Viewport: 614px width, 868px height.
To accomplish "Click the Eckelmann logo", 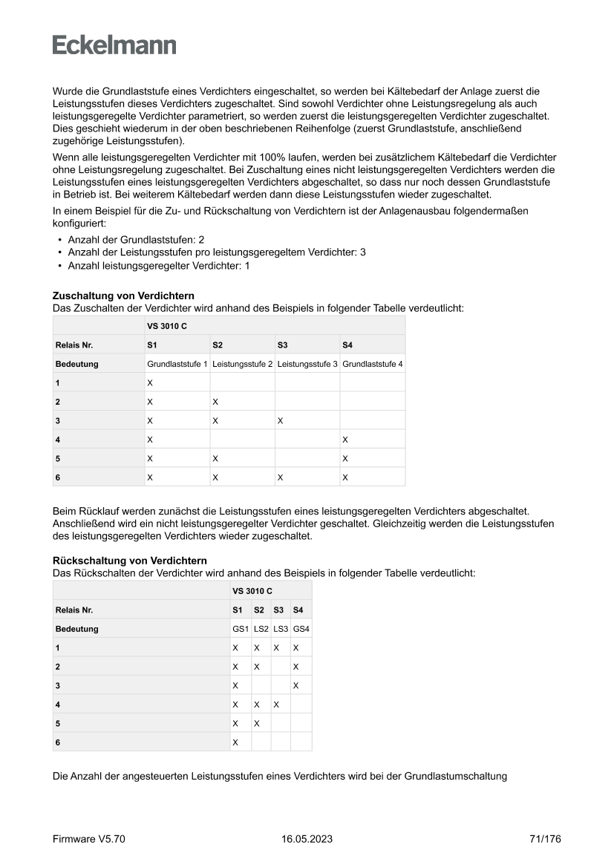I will tap(114, 45).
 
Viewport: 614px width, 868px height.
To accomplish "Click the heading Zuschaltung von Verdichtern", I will tap(123, 296).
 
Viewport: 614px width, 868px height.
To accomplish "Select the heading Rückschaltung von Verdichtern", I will tap(130, 561).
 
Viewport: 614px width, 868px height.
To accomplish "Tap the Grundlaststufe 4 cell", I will tap(373, 365).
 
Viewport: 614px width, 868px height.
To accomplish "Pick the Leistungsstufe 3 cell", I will tap(307, 365).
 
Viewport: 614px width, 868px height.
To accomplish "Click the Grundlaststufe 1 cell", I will tap(177, 365).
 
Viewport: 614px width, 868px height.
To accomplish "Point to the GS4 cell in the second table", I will tap(301, 629).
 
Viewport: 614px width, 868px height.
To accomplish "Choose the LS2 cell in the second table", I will tap(261, 629).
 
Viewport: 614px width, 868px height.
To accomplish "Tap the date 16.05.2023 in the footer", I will tap(307, 839).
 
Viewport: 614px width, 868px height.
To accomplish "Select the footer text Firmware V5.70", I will tap(89, 839).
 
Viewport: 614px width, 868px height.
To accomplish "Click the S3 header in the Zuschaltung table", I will tap(282, 345).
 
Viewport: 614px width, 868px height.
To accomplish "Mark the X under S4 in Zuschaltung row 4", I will tap(345, 440).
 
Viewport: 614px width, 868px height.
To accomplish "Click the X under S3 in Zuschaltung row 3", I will tap(280, 421).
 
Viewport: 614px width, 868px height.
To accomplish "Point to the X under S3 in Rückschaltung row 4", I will tap(275, 704).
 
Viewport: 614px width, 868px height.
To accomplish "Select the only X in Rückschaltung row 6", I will tap(235, 742).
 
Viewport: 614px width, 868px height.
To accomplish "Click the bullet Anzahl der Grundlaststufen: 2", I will tap(136, 241).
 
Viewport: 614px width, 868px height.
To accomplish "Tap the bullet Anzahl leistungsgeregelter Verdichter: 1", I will tap(158, 265).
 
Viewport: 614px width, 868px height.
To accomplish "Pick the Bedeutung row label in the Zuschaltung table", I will tap(76, 365).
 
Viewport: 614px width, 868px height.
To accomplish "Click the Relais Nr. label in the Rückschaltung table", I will tap(74, 610).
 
